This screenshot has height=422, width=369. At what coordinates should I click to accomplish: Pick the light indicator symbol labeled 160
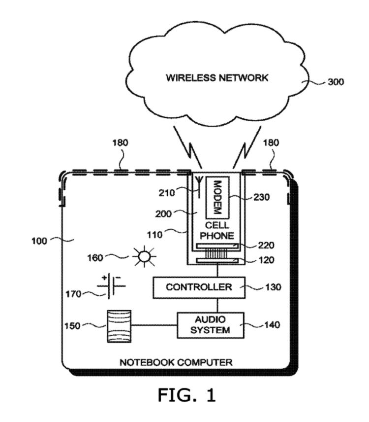pyautogui.click(x=144, y=256)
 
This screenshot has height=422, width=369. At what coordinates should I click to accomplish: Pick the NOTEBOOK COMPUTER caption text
pyautogui.click(x=176, y=363)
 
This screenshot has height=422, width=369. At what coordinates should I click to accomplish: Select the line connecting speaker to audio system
pyautogui.click(x=155, y=325)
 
